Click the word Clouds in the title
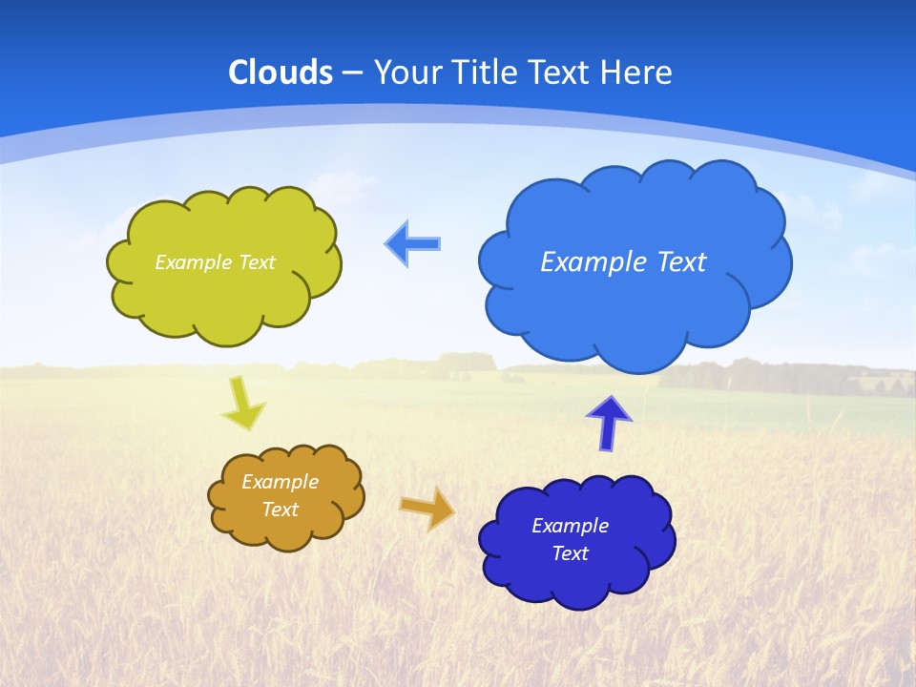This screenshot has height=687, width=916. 281,73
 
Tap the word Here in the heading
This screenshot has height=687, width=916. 638,73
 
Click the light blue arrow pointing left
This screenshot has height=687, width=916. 413,244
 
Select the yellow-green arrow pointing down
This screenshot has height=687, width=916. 243,405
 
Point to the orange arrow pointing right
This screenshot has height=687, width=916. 427,508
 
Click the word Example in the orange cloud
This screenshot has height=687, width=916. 280,482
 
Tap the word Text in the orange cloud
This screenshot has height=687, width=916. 280,510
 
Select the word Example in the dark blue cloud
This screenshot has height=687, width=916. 570,526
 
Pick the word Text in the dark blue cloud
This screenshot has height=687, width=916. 570,553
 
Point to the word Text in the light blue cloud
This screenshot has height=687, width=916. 681,262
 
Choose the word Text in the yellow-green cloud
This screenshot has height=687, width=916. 257,262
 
